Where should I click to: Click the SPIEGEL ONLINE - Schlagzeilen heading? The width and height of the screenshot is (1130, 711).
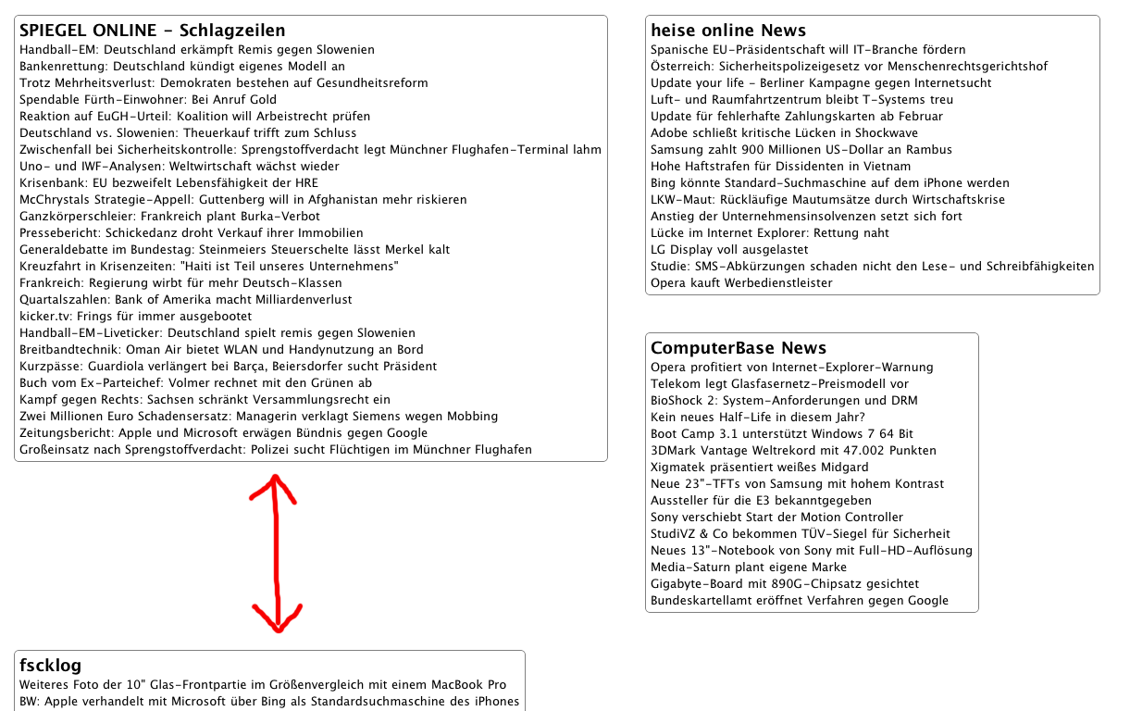[153, 31]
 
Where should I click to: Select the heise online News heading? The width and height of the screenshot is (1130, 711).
[728, 31]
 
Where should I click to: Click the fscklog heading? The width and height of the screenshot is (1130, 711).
[51, 666]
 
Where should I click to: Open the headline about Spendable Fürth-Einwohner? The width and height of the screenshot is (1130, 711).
[148, 99]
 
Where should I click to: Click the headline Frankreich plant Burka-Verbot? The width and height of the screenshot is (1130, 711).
[169, 216]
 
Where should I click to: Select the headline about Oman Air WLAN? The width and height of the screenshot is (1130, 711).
[221, 349]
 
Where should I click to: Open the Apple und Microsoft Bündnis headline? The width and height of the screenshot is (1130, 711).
[223, 432]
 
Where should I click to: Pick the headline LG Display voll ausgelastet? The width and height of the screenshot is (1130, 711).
[729, 249]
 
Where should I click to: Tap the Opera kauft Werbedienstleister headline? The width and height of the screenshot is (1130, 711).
[741, 282]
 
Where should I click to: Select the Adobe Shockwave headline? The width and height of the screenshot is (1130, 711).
[771, 132]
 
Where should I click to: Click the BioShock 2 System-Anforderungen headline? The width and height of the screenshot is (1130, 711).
[784, 400]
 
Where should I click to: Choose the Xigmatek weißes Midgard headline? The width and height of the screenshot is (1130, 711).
[759, 467]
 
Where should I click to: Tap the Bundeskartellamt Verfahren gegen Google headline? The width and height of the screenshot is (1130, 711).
[800, 600]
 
